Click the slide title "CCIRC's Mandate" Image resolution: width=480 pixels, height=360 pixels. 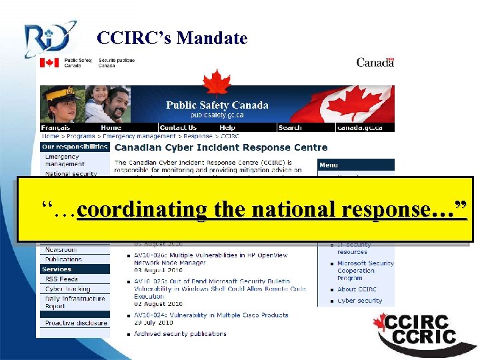click(x=172, y=39)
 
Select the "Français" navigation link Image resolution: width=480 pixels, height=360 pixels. click(x=56, y=127)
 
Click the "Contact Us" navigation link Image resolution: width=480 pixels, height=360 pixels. click(x=178, y=127)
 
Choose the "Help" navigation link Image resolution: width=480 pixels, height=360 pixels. click(x=227, y=127)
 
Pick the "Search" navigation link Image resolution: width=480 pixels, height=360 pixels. click(x=290, y=127)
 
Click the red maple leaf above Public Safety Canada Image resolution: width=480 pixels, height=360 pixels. click(x=216, y=85)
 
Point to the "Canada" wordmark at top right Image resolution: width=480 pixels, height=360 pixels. click(x=375, y=63)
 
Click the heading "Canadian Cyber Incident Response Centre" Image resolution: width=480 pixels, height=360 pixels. click(x=221, y=147)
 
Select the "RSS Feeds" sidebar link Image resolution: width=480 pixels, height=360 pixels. click(x=61, y=279)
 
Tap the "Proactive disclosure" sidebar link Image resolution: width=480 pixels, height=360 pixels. click(x=75, y=323)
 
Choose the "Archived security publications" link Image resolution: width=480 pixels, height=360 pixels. click(x=180, y=334)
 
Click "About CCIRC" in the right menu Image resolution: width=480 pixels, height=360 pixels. click(x=357, y=289)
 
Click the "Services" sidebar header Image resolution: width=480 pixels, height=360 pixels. click(x=57, y=269)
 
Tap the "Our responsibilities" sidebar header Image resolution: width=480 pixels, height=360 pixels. click(x=74, y=146)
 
